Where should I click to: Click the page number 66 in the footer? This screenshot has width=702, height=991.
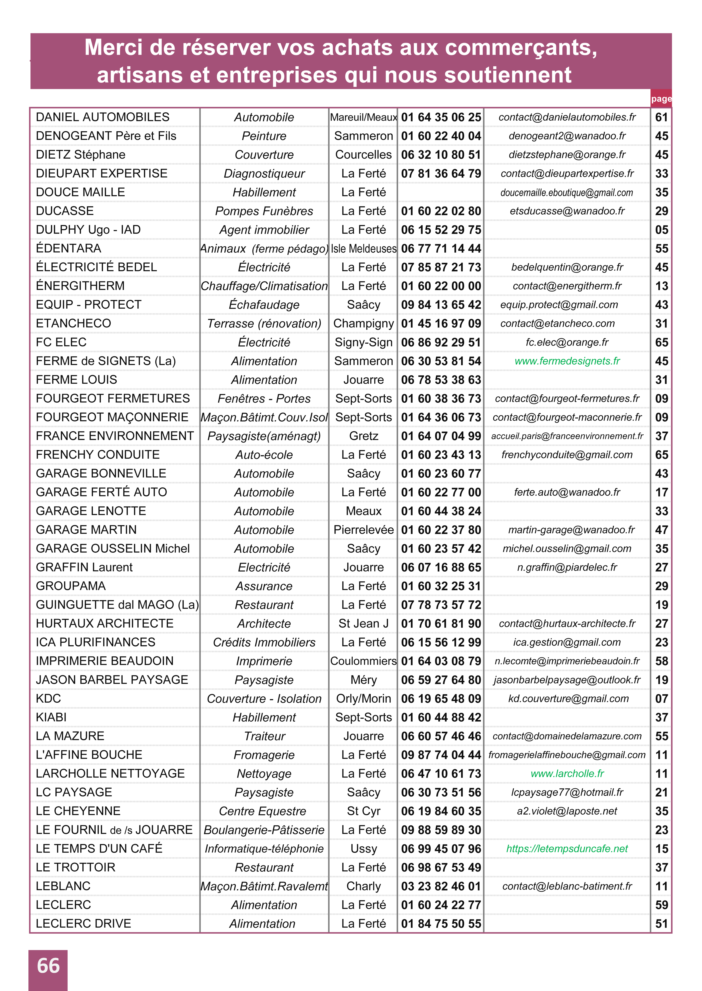coord(48,966)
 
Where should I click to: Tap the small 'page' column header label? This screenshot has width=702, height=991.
coord(661,99)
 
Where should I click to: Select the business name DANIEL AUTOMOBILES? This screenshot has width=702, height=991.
coord(102,117)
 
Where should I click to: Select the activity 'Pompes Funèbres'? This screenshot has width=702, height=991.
coord(264,211)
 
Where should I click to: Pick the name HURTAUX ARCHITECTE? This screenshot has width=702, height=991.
coord(105,623)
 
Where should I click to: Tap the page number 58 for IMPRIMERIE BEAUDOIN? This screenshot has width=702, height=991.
coord(661,661)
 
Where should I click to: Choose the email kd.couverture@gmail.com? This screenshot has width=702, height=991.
coord(568,698)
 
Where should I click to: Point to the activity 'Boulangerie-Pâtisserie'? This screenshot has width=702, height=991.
coord(264,830)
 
